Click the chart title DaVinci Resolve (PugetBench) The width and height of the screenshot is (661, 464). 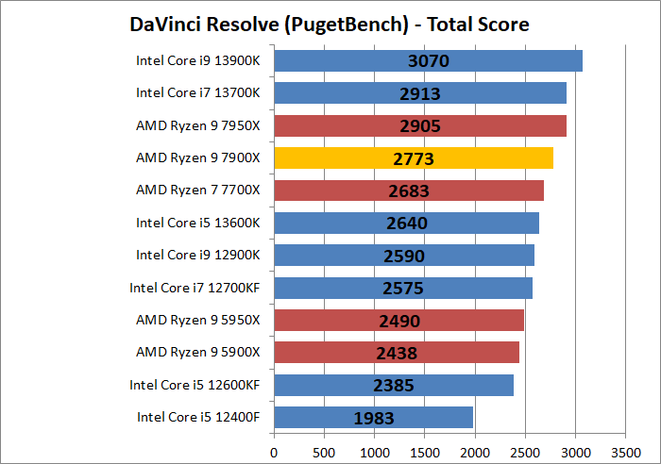pyautogui.click(x=330, y=24)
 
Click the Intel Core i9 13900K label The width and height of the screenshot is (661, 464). pyautogui.click(x=197, y=61)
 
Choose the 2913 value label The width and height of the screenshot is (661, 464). pyautogui.click(x=420, y=94)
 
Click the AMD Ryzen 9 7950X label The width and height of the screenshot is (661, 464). pyautogui.click(x=197, y=125)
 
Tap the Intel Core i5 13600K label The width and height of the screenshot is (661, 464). pyautogui.click(x=197, y=222)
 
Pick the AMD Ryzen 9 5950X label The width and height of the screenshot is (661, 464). pyautogui.click(x=197, y=320)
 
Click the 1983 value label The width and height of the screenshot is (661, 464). pyautogui.click(x=375, y=418)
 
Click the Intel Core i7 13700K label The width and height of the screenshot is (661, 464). pyautogui.click(x=197, y=93)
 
